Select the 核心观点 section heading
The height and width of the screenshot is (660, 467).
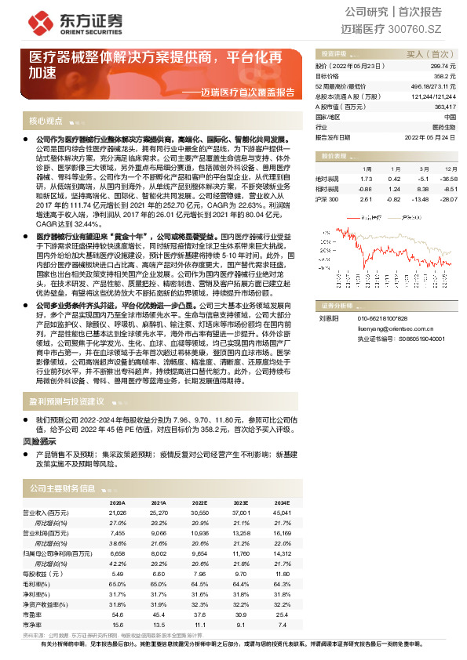pos(46,121)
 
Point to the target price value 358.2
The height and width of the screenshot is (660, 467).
pos(445,77)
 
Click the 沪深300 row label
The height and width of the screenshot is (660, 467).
pos(327,199)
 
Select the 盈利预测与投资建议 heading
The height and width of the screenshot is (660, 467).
pos(67,401)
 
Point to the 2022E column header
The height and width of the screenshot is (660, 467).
pos(199,502)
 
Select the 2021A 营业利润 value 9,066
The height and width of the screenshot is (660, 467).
pos(159,531)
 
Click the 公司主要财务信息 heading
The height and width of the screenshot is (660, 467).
pos(62,488)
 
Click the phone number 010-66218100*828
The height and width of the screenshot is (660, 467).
pos(382,318)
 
